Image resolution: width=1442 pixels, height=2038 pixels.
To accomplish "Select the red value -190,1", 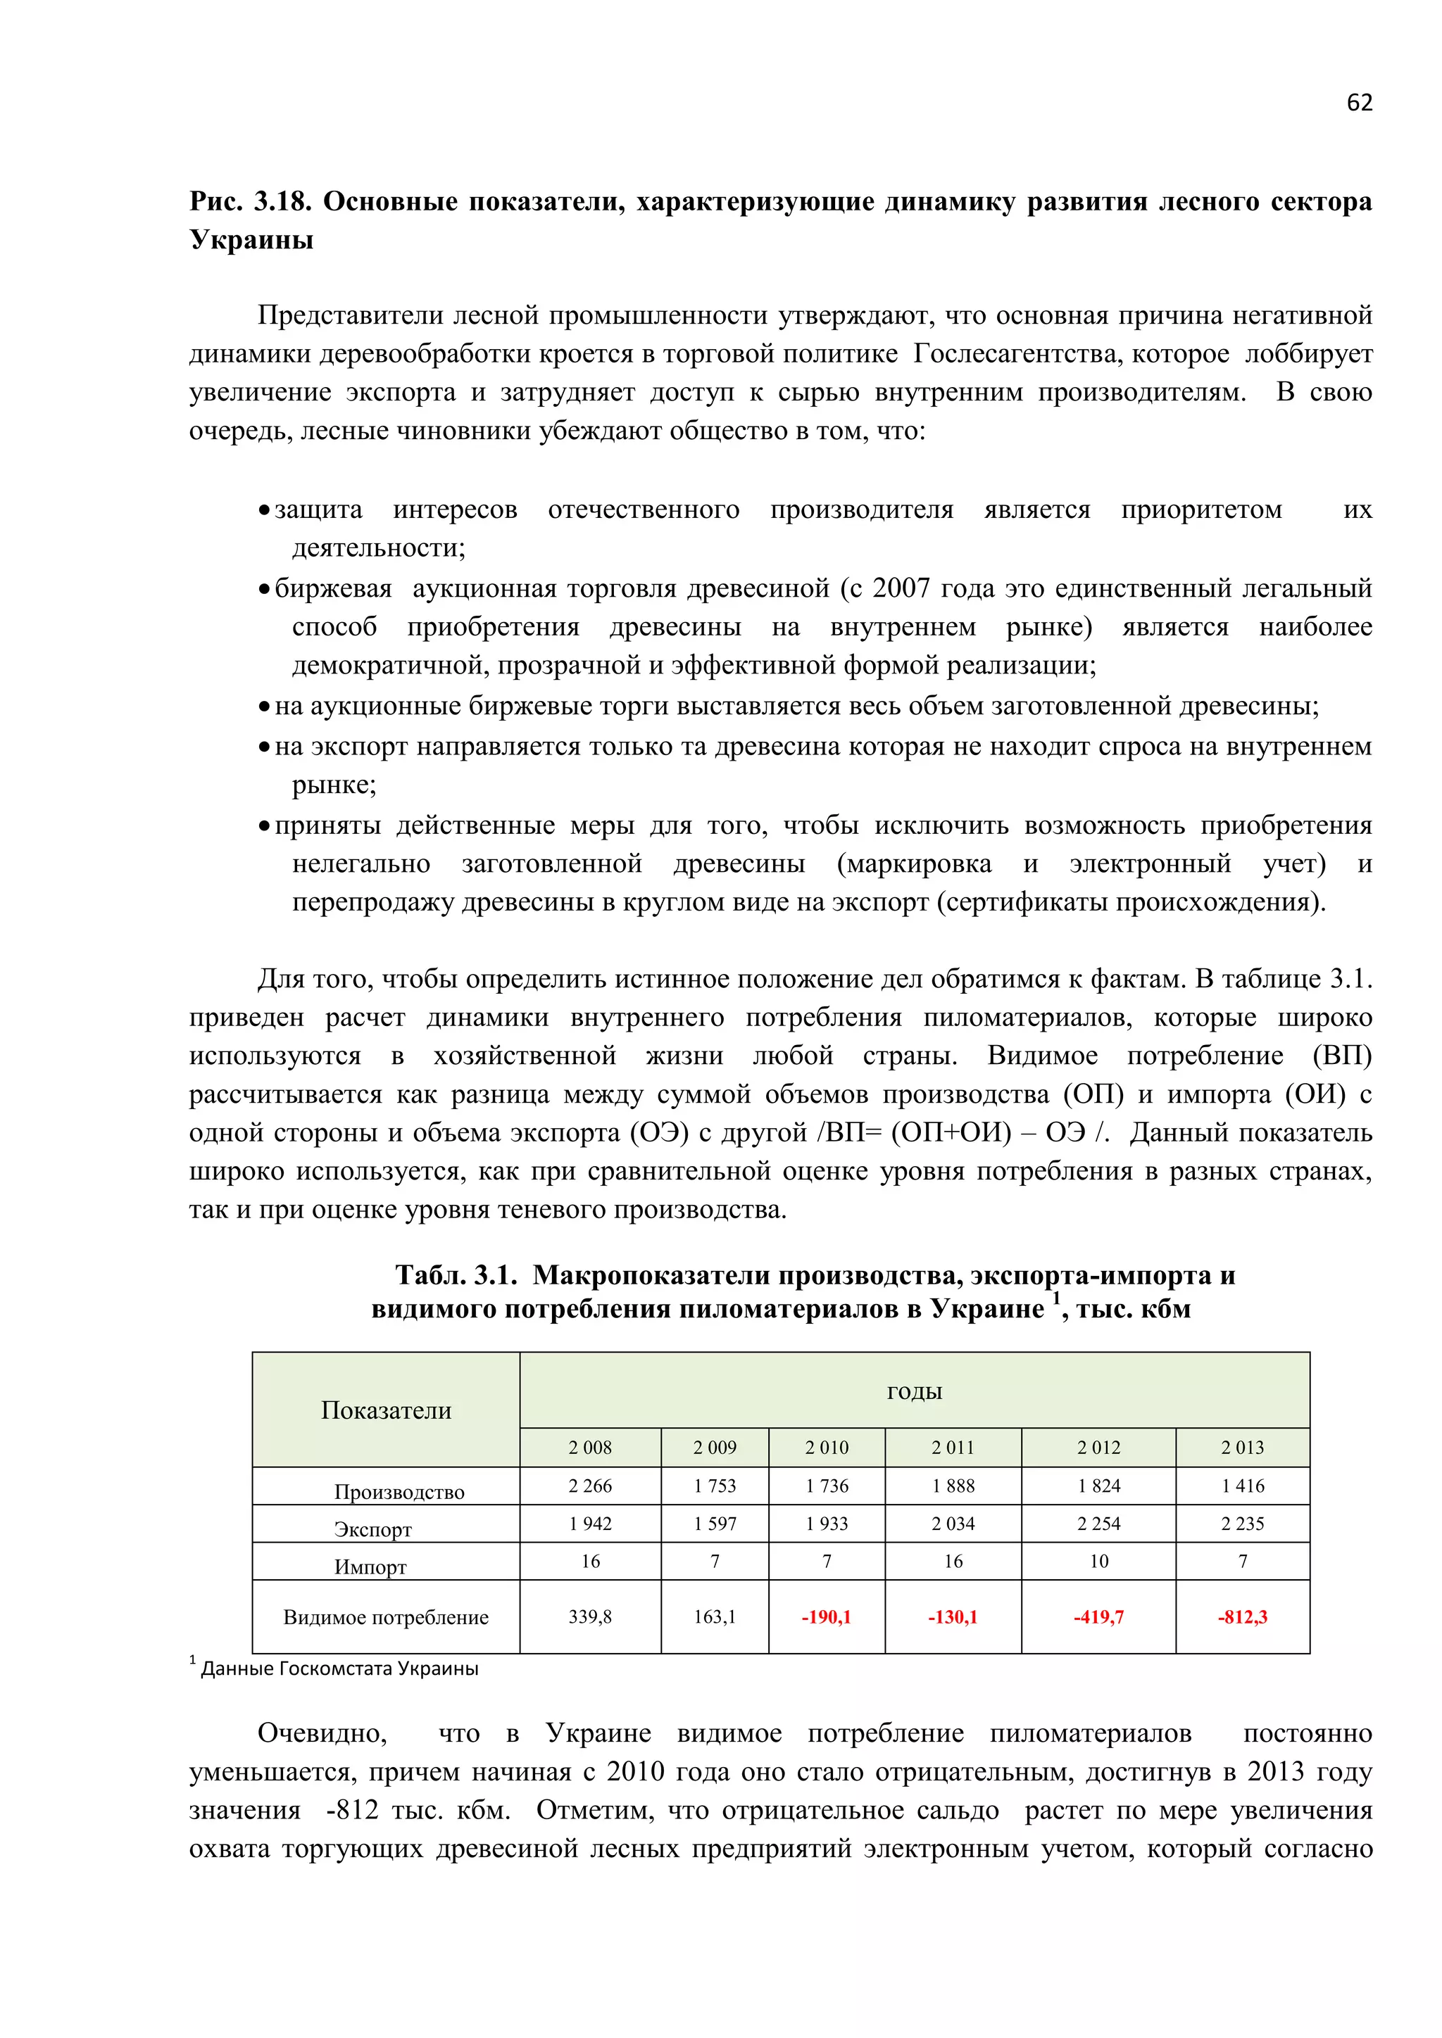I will (826, 1616).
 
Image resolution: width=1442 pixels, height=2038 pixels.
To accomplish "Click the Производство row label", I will (399, 1491).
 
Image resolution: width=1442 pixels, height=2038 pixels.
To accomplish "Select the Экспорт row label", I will (373, 1528).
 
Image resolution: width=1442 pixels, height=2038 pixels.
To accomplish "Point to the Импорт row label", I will (370, 1567).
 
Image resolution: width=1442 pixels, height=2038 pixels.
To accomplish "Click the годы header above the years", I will (914, 1391).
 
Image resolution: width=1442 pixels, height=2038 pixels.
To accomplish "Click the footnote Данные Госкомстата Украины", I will (339, 1669).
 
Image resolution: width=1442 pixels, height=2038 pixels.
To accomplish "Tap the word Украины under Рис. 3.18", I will (251, 240).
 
